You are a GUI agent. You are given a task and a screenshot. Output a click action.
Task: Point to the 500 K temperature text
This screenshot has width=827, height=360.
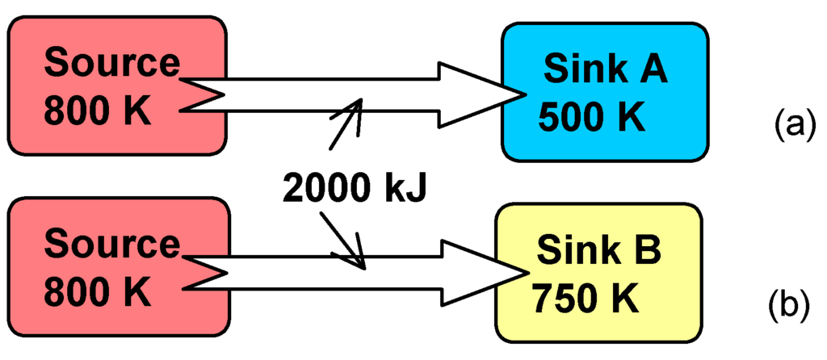point(592,119)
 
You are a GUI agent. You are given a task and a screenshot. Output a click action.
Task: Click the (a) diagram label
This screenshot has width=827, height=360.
point(791,124)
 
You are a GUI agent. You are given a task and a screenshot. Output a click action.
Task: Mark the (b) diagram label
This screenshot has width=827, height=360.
point(791,306)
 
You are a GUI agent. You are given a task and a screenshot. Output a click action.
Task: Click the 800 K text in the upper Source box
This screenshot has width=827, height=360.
point(97,111)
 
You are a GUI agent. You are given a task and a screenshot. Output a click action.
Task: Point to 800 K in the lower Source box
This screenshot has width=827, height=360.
point(97,292)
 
